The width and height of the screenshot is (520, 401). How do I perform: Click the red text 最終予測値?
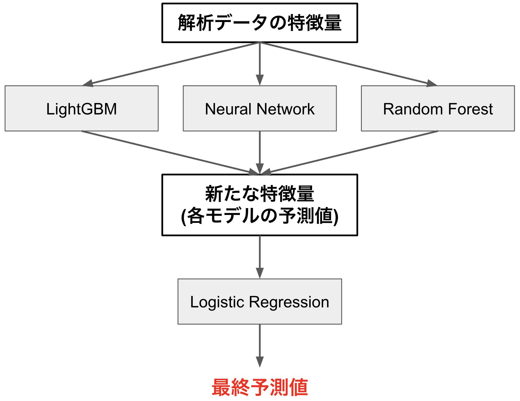tap(259, 387)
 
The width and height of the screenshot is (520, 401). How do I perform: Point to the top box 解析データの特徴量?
tap(259, 23)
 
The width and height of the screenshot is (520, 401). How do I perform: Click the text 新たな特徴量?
tap(259, 194)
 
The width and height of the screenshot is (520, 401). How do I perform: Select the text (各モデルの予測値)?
tap(259, 216)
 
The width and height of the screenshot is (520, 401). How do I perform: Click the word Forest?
tap(470, 109)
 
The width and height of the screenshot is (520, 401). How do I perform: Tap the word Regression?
tap(289, 302)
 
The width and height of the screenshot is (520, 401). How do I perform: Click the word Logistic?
tap(217, 302)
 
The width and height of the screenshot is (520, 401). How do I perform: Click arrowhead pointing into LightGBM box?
tap(88, 83)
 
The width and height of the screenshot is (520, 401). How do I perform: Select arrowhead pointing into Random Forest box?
tap(431, 83)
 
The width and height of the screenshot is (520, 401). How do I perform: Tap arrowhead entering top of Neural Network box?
tap(260, 80)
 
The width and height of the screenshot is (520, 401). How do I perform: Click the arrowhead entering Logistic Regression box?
tap(260, 273)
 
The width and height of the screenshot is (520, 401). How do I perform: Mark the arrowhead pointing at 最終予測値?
tap(260, 362)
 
